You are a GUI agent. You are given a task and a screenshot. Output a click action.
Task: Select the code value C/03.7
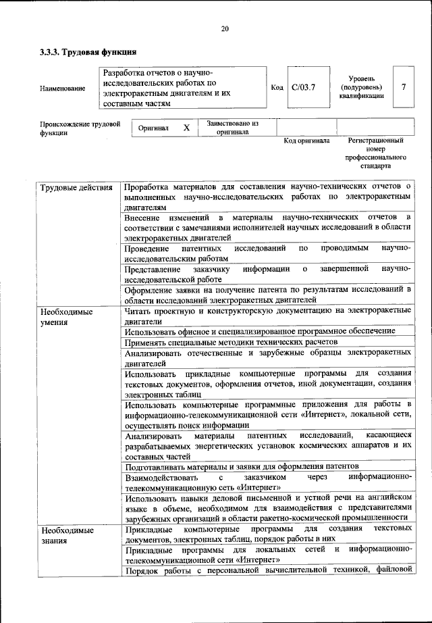(x=303, y=87)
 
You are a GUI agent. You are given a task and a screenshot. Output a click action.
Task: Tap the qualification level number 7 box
(x=403, y=86)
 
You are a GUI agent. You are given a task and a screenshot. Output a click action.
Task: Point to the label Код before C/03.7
(x=277, y=87)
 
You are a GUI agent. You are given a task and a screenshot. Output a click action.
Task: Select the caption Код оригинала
(x=306, y=141)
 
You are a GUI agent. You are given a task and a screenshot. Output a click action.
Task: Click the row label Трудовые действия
(x=76, y=186)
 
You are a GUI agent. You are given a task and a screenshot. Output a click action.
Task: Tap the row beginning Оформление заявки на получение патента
(x=268, y=294)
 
